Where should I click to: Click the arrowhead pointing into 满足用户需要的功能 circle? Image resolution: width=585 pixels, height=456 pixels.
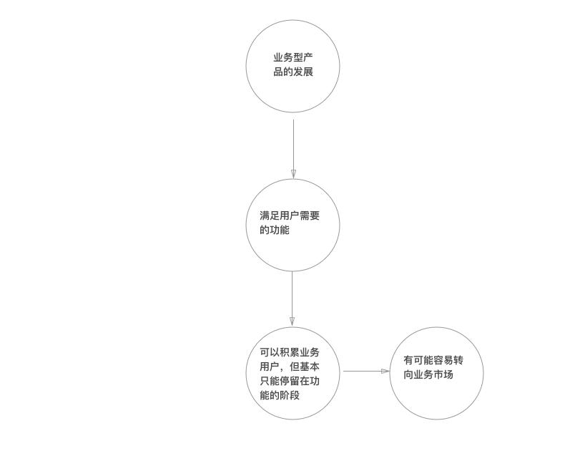point(294,174)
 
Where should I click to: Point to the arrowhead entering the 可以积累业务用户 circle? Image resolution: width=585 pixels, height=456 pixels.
point(292,322)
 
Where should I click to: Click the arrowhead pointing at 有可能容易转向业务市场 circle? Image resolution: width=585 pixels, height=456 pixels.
point(385,372)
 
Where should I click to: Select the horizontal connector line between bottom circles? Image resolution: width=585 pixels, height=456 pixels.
point(366,372)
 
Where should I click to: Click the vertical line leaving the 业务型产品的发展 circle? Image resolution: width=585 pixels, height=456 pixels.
point(294,149)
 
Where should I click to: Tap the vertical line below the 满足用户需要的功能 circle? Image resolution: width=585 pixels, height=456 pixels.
point(292,299)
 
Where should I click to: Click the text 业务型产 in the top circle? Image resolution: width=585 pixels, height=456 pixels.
point(293,58)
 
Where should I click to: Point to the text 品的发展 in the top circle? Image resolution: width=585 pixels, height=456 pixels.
point(293,72)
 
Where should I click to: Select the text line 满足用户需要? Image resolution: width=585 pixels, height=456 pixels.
point(290,216)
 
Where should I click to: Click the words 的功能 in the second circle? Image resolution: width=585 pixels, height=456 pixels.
point(275,230)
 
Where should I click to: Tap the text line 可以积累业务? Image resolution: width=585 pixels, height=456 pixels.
point(290,352)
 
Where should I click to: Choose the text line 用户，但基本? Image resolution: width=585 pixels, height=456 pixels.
point(290,367)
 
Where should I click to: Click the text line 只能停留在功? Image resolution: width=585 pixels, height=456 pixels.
point(290,381)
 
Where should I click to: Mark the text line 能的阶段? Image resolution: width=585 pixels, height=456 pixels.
point(280,395)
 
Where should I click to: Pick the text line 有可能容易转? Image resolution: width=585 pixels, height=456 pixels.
point(433,360)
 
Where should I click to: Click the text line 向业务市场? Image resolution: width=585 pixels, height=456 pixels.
point(428,374)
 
